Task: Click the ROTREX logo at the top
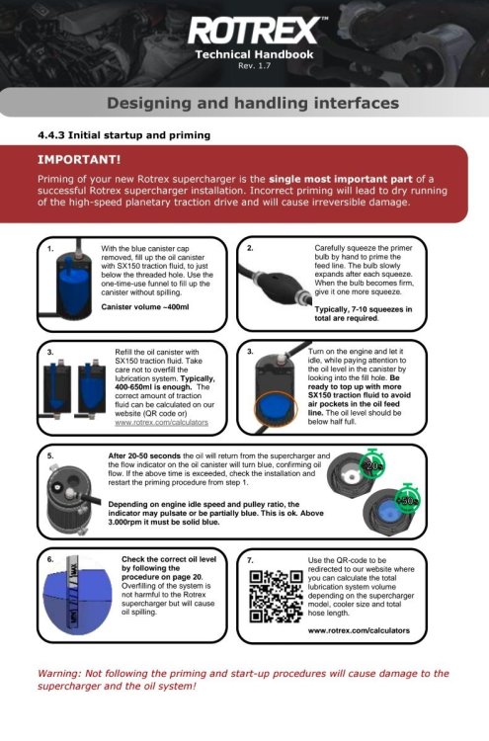[x=254, y=31]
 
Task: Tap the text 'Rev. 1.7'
[x=254, y=65]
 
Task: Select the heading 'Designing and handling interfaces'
[x=253, y=103]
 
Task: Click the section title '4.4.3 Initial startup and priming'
[x=124, y=135]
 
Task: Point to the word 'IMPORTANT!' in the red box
[x=79, y=160]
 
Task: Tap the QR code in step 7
[x=276, y=597]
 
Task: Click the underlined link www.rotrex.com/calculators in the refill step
[x=162, y=422]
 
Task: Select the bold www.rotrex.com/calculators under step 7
[x=359, y=630]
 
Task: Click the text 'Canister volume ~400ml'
[x=145, y=306]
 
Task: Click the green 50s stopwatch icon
[x=407, y=499]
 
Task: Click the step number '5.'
[x=50, y=456]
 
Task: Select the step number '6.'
[x=50, y=559]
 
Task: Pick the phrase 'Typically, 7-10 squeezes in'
[x=364, y=309]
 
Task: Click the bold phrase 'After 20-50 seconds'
[x=144, y=456]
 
